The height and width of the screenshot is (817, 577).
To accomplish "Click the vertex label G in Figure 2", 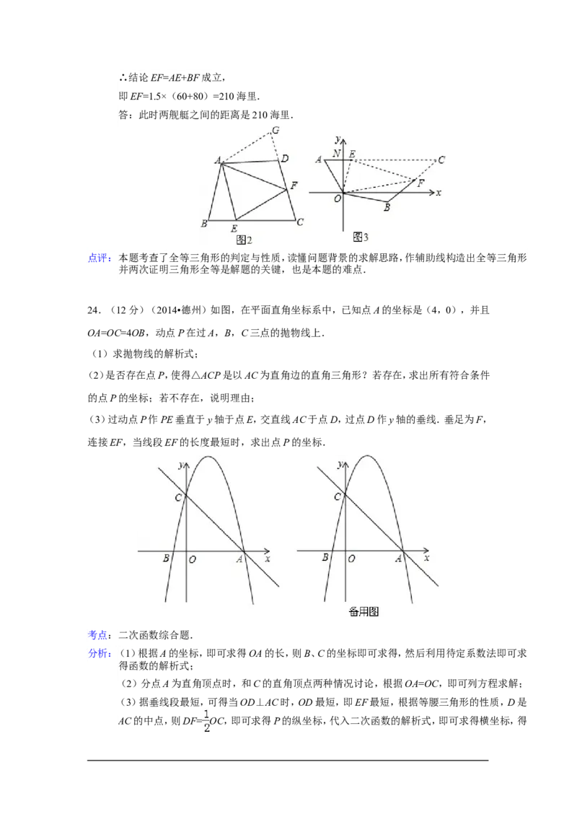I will pyautogui.click(x=275, y=131).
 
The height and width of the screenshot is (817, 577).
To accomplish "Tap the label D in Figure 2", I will pyautogui.click(x=285, y=159).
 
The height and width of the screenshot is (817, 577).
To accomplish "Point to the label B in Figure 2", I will pyautogui.click(x=205, y=223).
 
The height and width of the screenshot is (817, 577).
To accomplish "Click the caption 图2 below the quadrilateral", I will pyautogui.click(x=243, y=240).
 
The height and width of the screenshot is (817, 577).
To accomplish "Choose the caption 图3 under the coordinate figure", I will pyautogui.click(x=361, y=237).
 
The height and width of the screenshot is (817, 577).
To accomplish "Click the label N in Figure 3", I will pyautogui.click(x=337, y=154).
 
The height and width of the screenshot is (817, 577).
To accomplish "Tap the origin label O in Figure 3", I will pyautogui.click(x=337, y=199).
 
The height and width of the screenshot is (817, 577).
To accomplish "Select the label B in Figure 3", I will pyautogui.click(x=387, y=208).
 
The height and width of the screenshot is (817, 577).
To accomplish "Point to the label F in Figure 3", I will pyautogui.click(x=420, y=183).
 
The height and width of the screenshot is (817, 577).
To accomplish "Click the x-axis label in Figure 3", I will pyautogui.click(x=439, y=193).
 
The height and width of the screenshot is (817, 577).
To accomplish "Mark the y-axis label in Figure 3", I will pyautogui.click(x=337, y=137).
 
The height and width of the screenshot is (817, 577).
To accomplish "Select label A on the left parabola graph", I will pyautogui.click(x=239, y=558).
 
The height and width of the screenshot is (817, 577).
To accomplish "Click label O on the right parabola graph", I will pyautogui.click(x=351, y=559).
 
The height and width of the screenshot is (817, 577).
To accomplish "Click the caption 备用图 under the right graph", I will pyautogui.click(x=364, y=612).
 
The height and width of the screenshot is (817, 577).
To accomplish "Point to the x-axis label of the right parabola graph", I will pyautogui.click(x=426, y=558).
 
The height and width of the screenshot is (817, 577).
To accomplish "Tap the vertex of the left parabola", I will pyautogui.click(x=208, y=456).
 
